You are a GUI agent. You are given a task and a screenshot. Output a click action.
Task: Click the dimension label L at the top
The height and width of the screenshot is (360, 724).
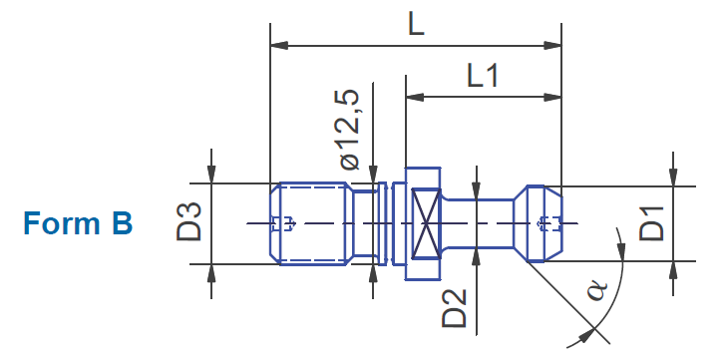coord(416,27)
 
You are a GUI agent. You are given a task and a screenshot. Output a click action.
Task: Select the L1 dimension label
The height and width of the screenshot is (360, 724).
coord(483,76)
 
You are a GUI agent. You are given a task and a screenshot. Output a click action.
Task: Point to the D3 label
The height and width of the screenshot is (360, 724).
coord(189,221)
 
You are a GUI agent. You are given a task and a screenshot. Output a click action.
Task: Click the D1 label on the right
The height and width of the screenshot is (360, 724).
coord(651,223)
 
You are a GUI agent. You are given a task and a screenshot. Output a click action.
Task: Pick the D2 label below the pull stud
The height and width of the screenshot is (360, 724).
coord(455,308)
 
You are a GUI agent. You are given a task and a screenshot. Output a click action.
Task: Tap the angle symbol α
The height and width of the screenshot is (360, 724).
coord(597,290)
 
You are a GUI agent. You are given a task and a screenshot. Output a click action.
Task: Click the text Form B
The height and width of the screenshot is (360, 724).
coord(78,223)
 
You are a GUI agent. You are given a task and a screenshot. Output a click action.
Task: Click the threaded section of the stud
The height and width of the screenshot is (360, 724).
coord(308,223)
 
